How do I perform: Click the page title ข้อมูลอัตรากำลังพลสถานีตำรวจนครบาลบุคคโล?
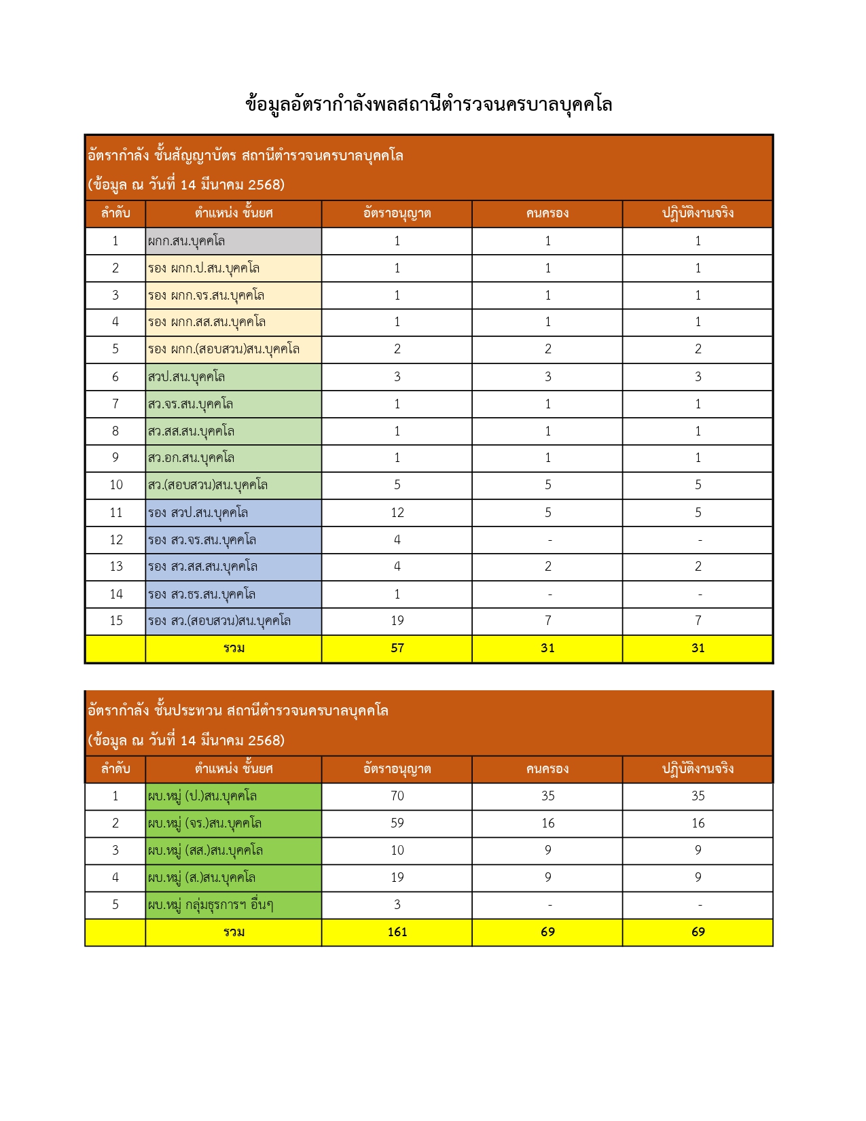pos(429,105)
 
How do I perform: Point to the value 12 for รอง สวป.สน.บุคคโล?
pos(397,513)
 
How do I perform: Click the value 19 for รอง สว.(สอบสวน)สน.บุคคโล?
pos(397,621)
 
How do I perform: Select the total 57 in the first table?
pos(397,648)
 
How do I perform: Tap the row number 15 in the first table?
pos(116,621)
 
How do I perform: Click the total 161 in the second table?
pos(397,932)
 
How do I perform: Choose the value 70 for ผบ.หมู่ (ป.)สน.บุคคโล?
pos(397,796)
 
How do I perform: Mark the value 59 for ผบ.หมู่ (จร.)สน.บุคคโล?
pos(397,823)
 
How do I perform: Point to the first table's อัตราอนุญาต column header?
pos(397,213)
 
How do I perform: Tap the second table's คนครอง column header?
pos(547,769)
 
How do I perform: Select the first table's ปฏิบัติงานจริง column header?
pos(698,213)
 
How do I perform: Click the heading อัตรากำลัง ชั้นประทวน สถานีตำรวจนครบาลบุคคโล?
pos(238,711)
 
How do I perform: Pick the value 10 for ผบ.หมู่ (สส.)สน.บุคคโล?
pos(397,851)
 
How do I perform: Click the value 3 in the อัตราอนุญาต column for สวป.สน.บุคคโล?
pos(397,377)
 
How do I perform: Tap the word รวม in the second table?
pos(234,932)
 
